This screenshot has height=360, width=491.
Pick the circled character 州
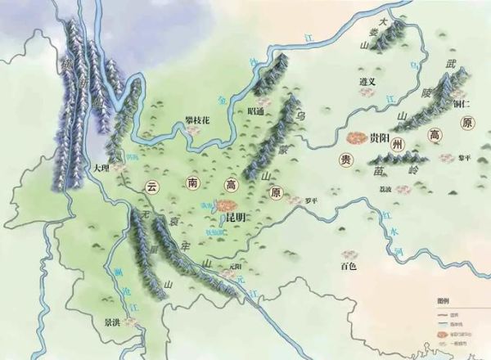coord(399,144)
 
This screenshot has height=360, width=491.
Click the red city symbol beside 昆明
coord(229,205)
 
